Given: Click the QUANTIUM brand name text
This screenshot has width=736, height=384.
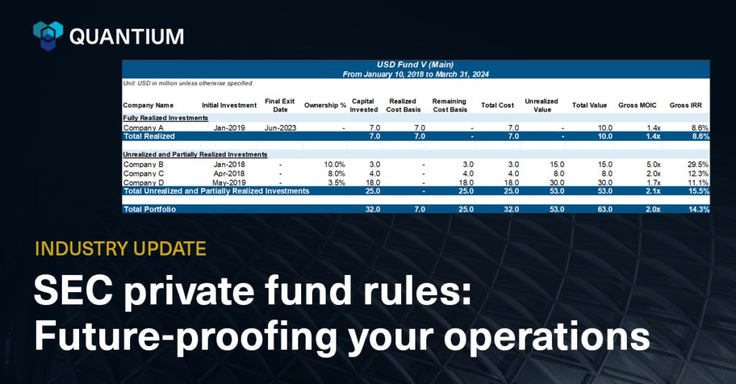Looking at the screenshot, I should tap(126, 36).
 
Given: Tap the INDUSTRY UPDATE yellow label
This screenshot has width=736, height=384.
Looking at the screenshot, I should tap(120, 249).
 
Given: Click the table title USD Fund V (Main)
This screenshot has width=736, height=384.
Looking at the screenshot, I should tap(415, 65).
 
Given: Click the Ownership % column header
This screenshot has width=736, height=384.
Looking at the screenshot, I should tap(325, 106).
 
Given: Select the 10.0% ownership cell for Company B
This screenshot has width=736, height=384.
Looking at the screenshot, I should tap(334, 164).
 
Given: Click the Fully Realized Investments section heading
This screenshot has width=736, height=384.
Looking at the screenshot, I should tap(165, 118).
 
